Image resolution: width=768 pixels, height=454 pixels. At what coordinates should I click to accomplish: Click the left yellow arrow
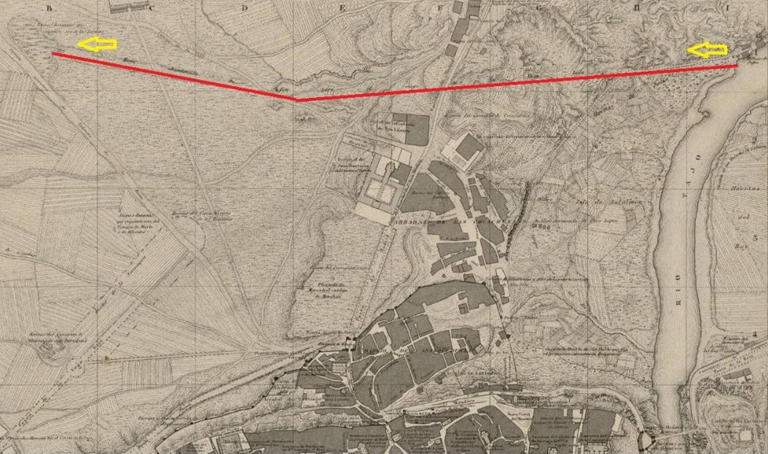[98, 45]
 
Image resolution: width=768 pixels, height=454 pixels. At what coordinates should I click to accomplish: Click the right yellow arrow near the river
[707, 50]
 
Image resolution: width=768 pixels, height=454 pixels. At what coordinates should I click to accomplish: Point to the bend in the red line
[297, 100]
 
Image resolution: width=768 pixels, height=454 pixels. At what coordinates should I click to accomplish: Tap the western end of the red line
[53, 54]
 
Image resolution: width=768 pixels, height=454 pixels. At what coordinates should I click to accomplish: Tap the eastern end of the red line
[737, 66]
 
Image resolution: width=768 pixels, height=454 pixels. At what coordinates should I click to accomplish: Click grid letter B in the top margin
[48, 9]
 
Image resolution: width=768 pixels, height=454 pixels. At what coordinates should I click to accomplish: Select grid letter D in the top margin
[246, 9]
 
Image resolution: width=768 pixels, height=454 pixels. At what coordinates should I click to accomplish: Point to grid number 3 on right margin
[757, 237]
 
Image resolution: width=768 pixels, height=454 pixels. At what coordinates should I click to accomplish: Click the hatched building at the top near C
[130, 7]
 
